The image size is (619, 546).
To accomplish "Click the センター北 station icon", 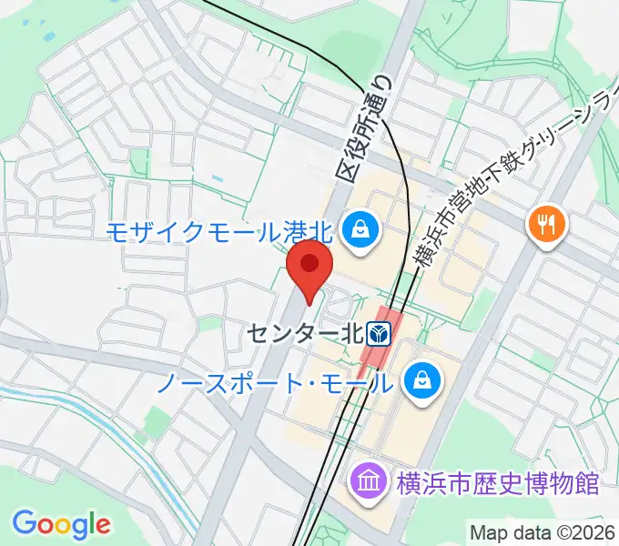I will tap(379, 333).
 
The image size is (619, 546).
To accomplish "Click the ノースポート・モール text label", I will tap(275, 382).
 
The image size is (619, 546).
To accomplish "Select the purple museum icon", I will tap(369, 480).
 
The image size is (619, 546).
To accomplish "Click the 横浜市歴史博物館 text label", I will tap(497, 481).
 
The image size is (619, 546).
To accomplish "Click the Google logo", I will tap(61, 524).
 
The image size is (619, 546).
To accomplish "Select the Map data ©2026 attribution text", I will tap(543, 532).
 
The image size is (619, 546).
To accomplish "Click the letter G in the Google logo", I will tap(25, 523).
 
